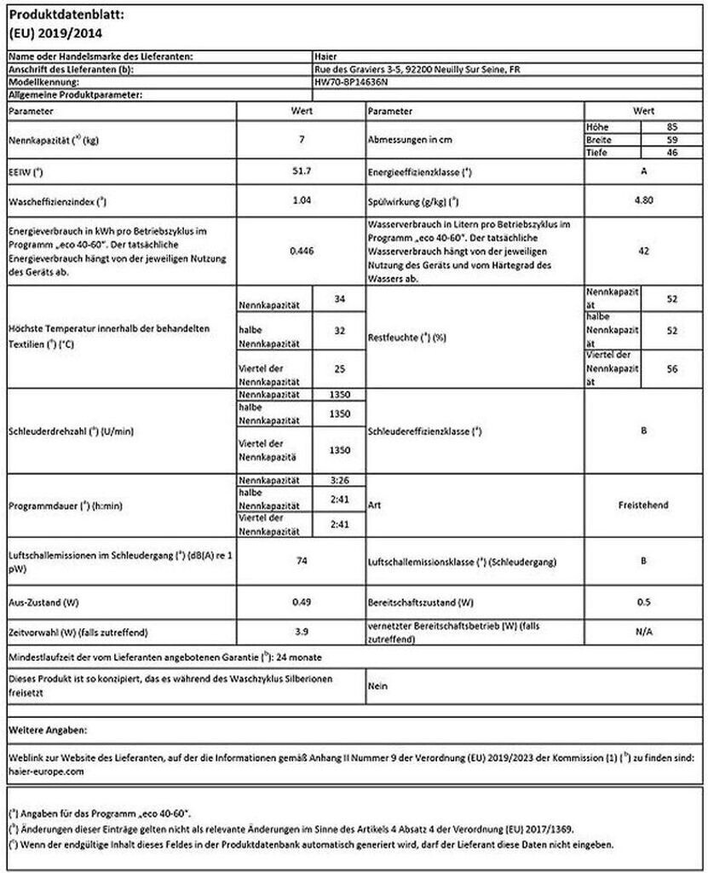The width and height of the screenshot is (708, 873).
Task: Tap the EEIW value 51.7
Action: click(302, 171)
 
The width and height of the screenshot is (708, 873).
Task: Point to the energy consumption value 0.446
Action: click(302, 251)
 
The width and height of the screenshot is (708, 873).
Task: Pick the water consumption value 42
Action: click(643, 251)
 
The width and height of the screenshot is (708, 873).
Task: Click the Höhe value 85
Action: click(672, 126)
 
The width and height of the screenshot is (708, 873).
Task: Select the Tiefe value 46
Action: click(672, 152)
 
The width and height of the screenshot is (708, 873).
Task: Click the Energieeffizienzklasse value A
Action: click(643, 171)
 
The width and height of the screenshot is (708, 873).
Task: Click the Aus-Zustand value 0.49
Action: click(302, 602)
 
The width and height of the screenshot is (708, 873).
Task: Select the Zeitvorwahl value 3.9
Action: click(302, 632)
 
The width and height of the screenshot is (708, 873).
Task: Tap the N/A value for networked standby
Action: click(643, 632)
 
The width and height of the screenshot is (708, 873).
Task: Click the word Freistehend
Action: click(643, 506)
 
